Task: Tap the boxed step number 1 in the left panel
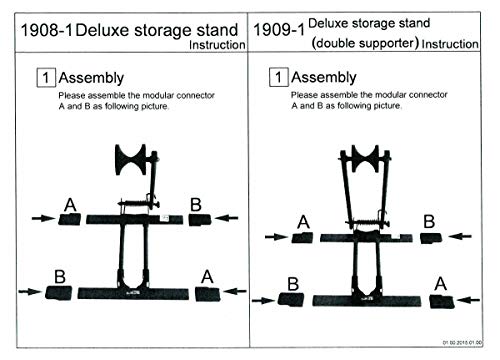44,76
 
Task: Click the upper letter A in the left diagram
69,205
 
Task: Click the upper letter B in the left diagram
196,204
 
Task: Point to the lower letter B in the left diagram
61,274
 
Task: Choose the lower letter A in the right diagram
439,284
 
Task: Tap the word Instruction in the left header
216,45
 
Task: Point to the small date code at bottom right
468,342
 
